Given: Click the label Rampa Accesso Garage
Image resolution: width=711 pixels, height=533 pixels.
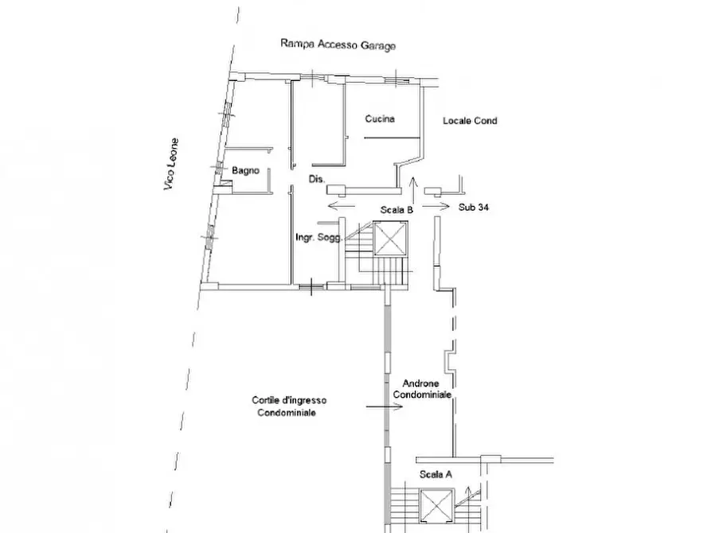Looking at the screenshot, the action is click(x=338, y=45).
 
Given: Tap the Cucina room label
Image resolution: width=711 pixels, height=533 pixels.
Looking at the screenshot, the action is click(x=380, y=119).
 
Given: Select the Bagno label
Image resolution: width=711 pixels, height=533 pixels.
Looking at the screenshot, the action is click(x=245, y=170).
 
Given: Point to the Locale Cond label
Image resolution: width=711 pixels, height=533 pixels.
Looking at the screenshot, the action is click(x=470, y=121).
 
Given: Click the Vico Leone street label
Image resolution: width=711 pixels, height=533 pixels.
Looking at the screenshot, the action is click(x=171, y=164).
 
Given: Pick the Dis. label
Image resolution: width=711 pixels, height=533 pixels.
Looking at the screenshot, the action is click(x=317, y=179).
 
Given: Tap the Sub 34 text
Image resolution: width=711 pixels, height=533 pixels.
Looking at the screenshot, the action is click(x=474, y=207).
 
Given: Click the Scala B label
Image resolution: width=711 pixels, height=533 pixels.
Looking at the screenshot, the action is click(x=397, y=210).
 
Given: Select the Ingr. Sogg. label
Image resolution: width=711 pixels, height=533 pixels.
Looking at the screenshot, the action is click(x=318, y=237).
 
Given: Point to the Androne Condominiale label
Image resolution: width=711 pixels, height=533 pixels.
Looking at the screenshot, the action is click(x=422, y=389).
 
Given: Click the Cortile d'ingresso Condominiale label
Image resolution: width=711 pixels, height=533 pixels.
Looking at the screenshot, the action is click(x=289, y=406).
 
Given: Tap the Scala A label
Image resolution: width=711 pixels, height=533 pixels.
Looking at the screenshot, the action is click(x=436, y=475).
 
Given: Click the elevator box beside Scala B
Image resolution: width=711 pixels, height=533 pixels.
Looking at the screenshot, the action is click(x=390, y=239).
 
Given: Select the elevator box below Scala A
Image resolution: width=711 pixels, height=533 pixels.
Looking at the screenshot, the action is click(x=437, y=505).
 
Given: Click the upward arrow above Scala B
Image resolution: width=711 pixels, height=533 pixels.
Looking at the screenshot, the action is click(x=413, y=190).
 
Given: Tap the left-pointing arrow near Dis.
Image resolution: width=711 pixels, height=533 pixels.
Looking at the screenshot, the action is click(x=342, y=207).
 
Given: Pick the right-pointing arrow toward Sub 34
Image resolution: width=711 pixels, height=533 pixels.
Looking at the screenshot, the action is click(x=436, y=207).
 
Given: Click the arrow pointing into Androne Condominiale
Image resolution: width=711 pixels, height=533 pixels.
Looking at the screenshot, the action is click(x=385, y=407).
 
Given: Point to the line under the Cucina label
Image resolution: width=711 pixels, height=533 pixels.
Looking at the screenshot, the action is click(x=393, y=138).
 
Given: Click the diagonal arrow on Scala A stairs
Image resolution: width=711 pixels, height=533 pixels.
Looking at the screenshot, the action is click(x=467, y=496).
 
